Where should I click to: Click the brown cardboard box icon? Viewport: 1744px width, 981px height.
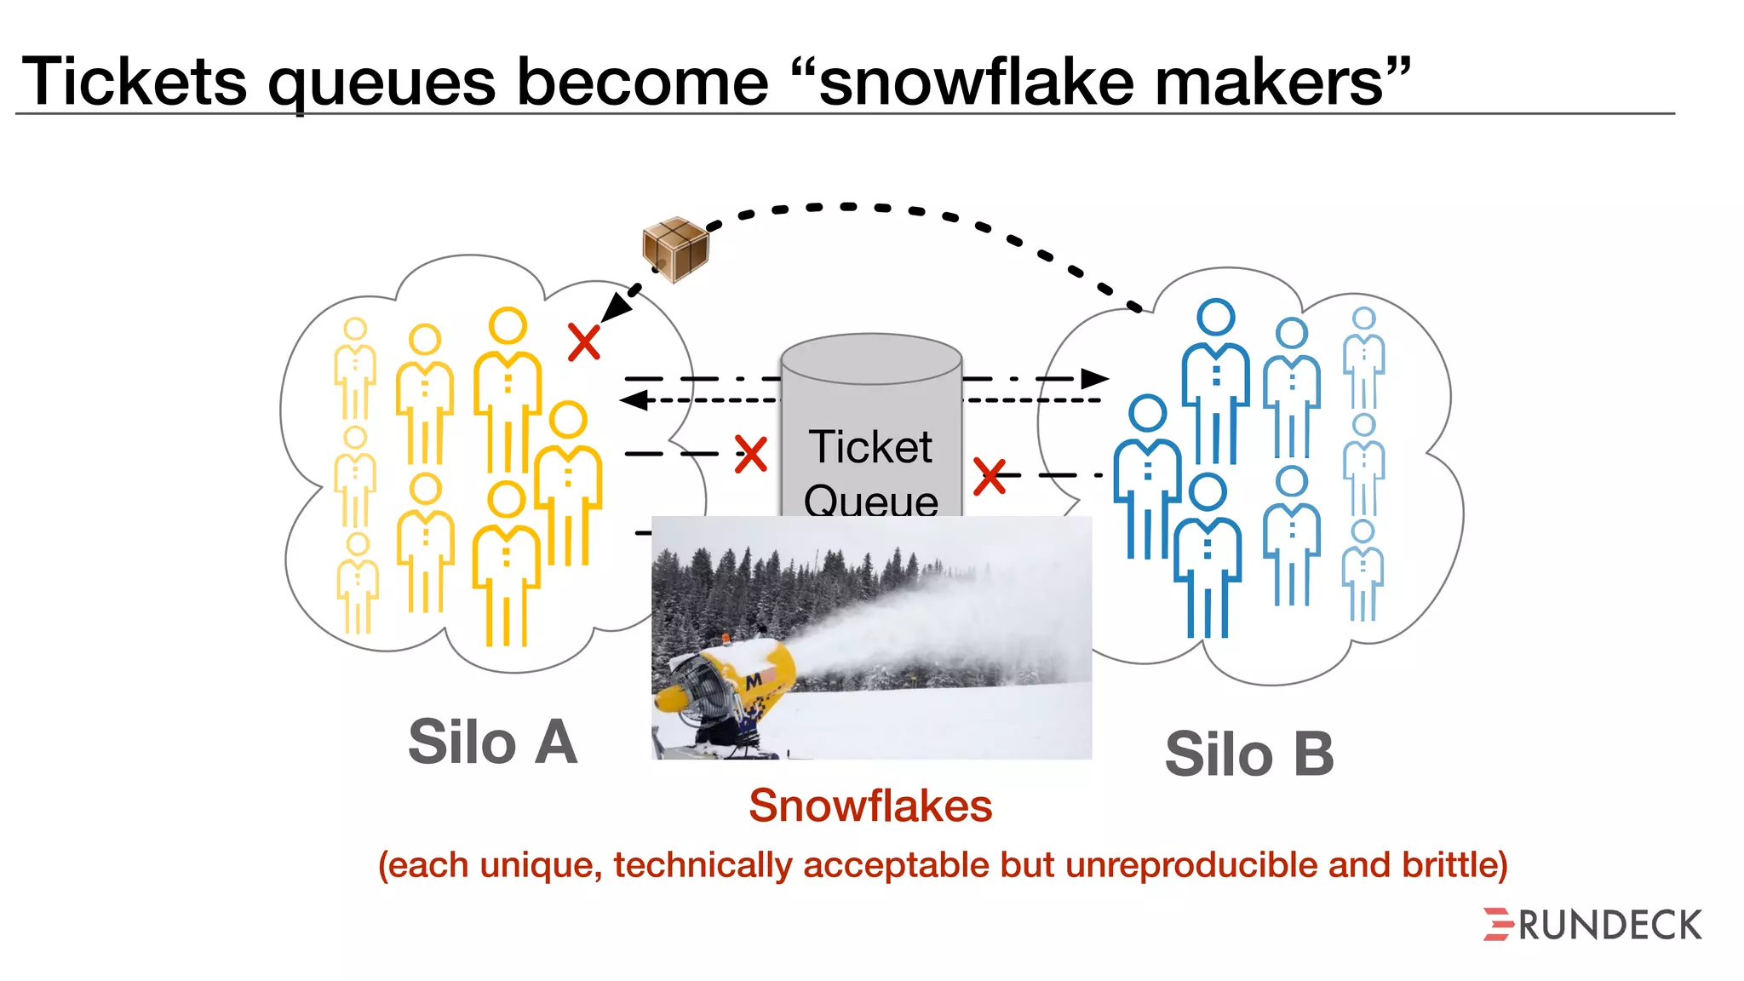[x=675, y=248]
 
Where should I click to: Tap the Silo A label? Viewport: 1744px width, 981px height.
[x=492, y=742]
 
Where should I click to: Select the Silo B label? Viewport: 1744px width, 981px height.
[x=1248, y=754]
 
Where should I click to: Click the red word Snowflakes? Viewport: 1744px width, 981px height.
[x=870, y=806]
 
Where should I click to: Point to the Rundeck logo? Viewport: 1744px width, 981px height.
[x=1592, y=925]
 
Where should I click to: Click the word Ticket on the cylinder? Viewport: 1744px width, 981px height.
[x=870, y=447]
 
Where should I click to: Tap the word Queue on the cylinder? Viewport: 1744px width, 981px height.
[x=870, y=500]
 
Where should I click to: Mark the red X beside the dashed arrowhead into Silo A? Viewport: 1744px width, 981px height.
[x=584, y=342]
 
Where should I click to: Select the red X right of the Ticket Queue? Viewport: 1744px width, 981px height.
[x=990, y=476]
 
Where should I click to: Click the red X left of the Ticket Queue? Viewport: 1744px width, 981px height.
[x=750, y=454]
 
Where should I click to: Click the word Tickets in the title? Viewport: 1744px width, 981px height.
[x=135, y=82]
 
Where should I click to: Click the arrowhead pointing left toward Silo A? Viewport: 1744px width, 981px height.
[x=634, y=399]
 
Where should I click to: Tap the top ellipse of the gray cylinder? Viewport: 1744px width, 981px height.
[x=871, y=359]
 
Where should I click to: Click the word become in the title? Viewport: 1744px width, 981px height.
[x=642, y=82]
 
